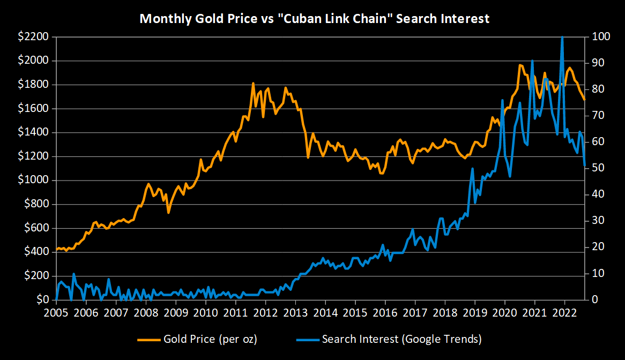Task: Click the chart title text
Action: tap(314, 19)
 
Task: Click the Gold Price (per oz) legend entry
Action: tap(199, 339)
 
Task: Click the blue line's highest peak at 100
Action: tap(562, 37)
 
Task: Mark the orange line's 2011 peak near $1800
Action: tap(253, 84)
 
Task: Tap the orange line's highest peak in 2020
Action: tap(519, 65)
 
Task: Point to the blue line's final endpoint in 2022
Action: tap(584, 166)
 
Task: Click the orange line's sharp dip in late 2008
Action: tap(168, 213)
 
